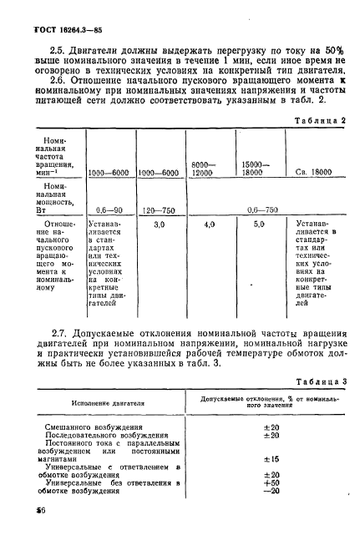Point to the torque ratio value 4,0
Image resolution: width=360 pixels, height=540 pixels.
[209, 225]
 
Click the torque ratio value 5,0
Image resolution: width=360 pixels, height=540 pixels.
[258, 225]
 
